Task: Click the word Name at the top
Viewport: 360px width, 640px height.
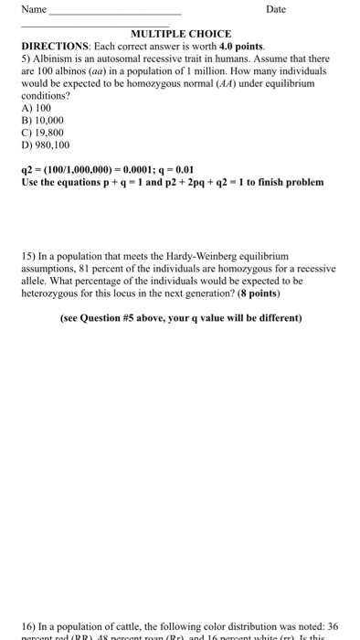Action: (33, 9)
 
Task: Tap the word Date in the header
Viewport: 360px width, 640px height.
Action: (275, 9)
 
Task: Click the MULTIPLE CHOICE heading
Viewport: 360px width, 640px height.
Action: (181, 33)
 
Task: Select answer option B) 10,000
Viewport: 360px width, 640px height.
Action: (43, 119)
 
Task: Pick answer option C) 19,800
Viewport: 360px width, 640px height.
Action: (43, 132)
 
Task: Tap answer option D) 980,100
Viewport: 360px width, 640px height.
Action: (46, 144)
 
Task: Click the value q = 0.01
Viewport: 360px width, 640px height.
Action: (177, 169)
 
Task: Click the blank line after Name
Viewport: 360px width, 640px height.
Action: (114, 13)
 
